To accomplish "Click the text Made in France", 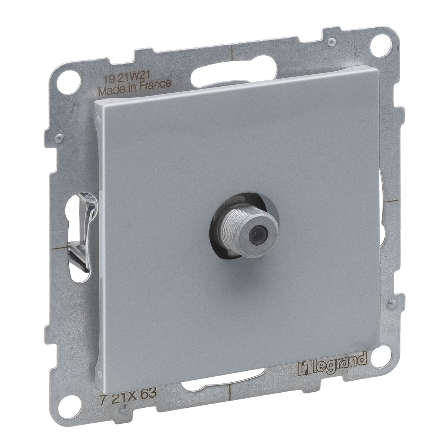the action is [x=135, y=86].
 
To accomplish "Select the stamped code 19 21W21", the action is [x=124, y=75].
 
